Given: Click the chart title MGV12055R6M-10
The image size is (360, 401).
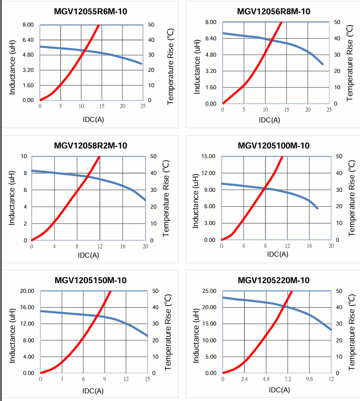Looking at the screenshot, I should (90, 12).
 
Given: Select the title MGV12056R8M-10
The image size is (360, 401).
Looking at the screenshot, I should (274, 12).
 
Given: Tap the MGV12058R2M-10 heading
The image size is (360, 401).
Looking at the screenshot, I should (90, 145).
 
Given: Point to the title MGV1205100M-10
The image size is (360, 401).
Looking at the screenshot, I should (274, 145).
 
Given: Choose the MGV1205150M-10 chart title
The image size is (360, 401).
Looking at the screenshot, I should (90, 280).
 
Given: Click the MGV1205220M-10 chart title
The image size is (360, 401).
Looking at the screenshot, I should (274, 280).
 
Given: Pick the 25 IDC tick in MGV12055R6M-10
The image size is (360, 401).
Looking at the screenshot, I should (142, 106).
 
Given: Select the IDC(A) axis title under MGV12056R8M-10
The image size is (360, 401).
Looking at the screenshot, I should (269, 120).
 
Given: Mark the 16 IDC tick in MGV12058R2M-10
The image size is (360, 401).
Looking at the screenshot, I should (123, 246).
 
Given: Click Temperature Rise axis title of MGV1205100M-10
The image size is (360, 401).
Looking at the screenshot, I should (351, 198).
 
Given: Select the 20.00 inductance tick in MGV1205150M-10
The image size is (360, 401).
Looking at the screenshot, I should (26, 291).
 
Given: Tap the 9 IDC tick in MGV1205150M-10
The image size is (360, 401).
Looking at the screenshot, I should (104, 379).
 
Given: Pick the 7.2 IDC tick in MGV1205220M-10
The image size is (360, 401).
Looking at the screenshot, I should (287, 380).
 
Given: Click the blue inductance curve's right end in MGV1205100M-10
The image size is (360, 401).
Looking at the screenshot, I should (318, 208).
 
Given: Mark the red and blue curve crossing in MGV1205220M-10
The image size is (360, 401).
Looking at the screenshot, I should (284, 306).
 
